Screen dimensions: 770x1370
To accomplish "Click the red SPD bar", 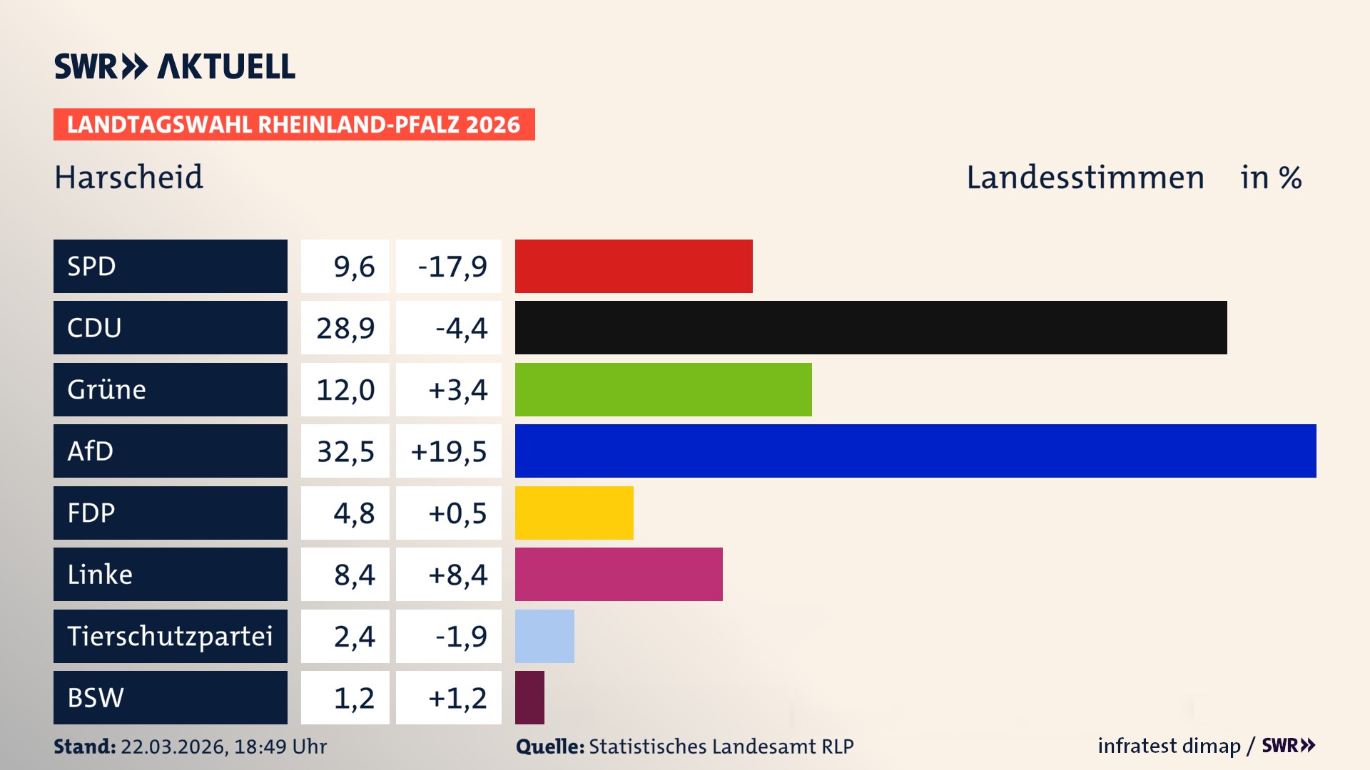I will [634, 266].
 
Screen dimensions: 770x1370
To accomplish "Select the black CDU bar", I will [871, 328].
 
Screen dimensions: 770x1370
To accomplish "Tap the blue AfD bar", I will [915, 451].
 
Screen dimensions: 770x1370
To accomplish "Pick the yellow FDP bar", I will [574, 513].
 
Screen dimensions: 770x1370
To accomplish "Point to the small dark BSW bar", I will [529, 697].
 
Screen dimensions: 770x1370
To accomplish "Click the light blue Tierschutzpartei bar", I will [544, 636].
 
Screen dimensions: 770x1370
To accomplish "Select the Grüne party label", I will [106, 390].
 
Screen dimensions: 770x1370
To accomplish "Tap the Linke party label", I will [100, 575].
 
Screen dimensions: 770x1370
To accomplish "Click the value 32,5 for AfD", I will [345, 451].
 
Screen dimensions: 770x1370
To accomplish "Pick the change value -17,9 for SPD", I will [452, 267].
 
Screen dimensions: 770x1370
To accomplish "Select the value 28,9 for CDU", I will [345, 328].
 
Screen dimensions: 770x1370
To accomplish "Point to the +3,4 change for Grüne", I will [457, 390].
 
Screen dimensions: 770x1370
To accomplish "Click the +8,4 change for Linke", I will [457, 575].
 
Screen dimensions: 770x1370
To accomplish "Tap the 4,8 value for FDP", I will [354, 513].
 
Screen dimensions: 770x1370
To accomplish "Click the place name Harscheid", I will [129, 178].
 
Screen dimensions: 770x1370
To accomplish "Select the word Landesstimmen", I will [1085, 178].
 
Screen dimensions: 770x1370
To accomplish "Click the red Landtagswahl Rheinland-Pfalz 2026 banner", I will [294, 125].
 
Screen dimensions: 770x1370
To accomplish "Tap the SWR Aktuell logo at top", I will [175, 66].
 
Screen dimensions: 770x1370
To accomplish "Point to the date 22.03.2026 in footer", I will [173, 746].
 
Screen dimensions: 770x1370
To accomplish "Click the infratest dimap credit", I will [1168, 746].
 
